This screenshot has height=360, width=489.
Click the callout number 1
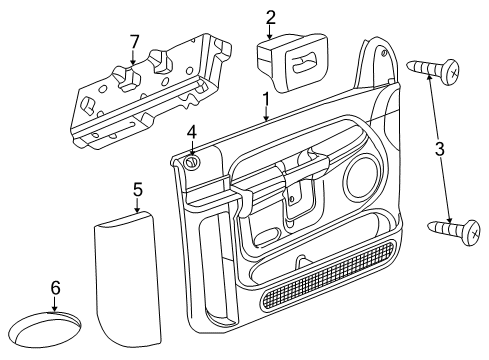[266, 100]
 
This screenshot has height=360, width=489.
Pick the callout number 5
[138, 187]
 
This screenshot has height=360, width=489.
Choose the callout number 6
[55, 288]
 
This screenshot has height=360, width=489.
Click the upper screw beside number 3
[436, 70]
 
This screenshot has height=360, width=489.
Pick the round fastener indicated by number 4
[192, 160]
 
